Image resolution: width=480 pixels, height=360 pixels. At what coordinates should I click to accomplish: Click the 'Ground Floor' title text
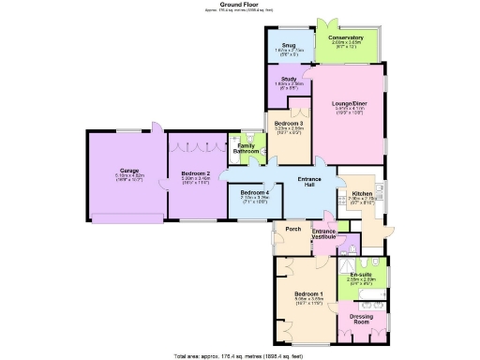pos(239,4)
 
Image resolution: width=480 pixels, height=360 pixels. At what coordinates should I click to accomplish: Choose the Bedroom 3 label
pos(289,123)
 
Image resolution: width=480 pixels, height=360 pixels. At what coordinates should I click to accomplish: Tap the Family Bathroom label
pos(246,148)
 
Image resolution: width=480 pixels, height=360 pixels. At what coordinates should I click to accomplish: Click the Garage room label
pos(129,170)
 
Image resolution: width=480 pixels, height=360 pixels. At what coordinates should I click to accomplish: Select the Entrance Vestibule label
pos(323,233)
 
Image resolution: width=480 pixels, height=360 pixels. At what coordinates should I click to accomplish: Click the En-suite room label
pos(361,274)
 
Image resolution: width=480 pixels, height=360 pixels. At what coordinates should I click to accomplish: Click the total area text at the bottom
pos(240,356)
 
